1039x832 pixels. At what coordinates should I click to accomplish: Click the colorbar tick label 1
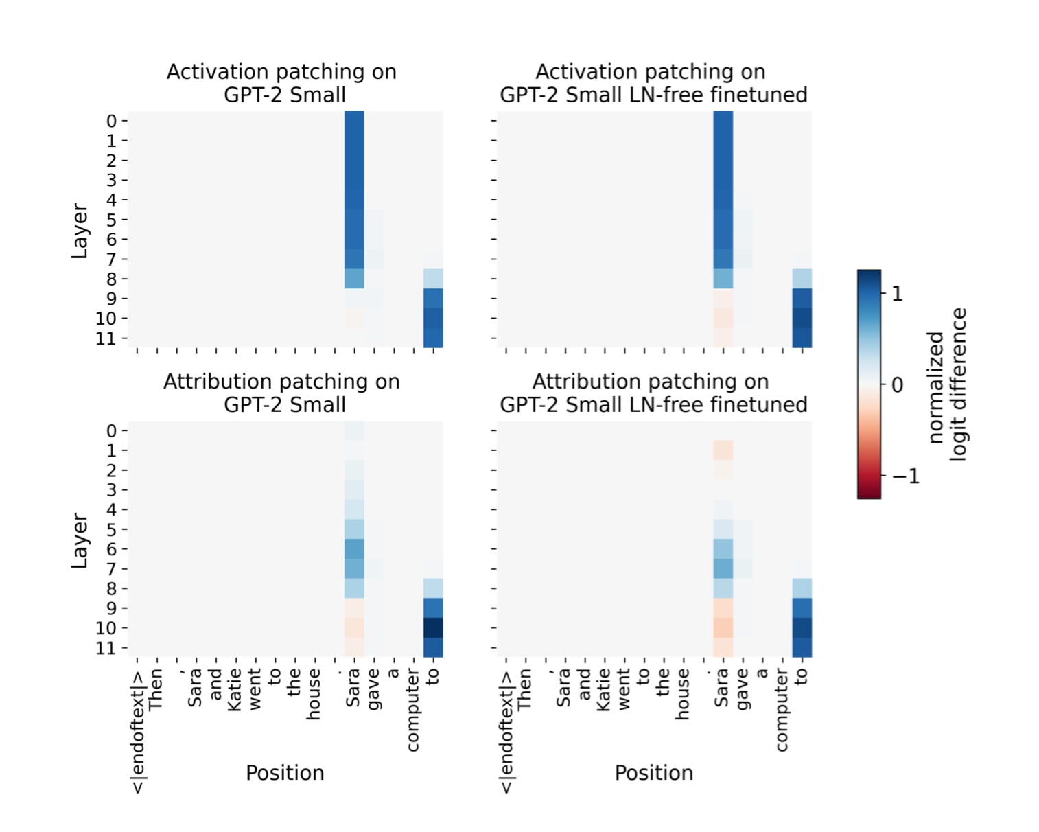point(896,293)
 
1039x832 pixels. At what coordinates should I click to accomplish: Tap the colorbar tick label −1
point(905,476)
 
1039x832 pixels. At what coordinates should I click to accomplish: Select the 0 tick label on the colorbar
point(896,384)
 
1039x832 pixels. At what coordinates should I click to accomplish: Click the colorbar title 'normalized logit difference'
point(947,384)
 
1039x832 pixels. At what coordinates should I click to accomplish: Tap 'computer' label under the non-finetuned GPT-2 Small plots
point(412,711)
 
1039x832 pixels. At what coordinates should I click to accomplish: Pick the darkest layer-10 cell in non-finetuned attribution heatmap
point(433,627)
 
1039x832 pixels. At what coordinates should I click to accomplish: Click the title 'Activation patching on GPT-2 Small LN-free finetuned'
point(653,83)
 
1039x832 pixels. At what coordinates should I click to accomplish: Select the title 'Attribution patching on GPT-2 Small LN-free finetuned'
point(653,393)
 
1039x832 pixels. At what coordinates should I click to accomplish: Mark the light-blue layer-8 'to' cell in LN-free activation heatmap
point(802,279)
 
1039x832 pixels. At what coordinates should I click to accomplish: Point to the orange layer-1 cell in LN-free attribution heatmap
point(723,450)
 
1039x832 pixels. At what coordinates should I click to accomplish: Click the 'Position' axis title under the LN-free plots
point(653,773)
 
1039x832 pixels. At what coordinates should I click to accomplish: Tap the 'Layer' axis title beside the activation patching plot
point(80,231)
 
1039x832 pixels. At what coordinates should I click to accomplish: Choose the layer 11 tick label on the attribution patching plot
point(106,648)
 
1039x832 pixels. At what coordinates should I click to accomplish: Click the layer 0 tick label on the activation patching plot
point(111,122)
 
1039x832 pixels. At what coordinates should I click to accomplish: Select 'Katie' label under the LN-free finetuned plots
point(604,691)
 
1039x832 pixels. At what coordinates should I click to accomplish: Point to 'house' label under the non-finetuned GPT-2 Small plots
point(314,695)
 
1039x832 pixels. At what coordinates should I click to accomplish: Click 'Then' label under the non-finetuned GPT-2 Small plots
point(156,690)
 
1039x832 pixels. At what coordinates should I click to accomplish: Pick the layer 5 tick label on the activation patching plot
point(111,220)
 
